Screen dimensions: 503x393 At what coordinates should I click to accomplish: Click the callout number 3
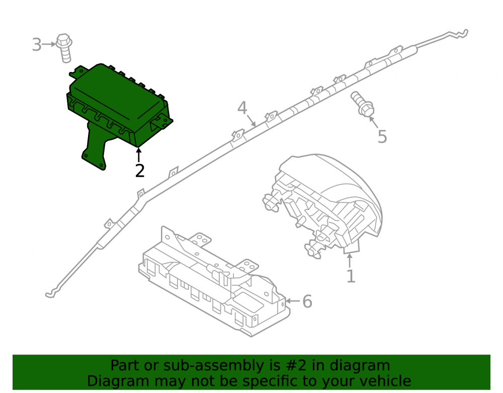coord(37,44)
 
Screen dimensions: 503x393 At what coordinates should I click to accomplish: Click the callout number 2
coord(140,171)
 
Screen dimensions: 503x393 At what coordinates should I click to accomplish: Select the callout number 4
coord(242,108)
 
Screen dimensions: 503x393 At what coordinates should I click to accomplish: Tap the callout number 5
coord(382,137)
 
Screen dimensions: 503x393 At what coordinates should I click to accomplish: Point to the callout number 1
coord(351,276)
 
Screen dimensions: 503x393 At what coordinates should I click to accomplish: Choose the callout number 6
coord(307,301)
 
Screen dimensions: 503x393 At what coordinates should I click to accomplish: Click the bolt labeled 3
coord(64,48)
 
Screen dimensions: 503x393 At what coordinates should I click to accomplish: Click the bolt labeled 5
coord(363,104)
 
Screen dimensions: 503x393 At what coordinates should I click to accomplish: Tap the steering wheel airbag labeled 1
coord(324,205)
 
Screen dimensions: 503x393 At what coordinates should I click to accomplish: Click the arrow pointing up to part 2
coord(139,155)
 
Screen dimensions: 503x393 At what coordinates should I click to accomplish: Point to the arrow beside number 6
coord(293,301)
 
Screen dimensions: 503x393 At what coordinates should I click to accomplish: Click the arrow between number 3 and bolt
coord(49,44)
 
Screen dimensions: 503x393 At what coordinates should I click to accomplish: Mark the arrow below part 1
coord(350,260)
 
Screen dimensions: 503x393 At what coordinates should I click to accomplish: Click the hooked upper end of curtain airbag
coord(459,34)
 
